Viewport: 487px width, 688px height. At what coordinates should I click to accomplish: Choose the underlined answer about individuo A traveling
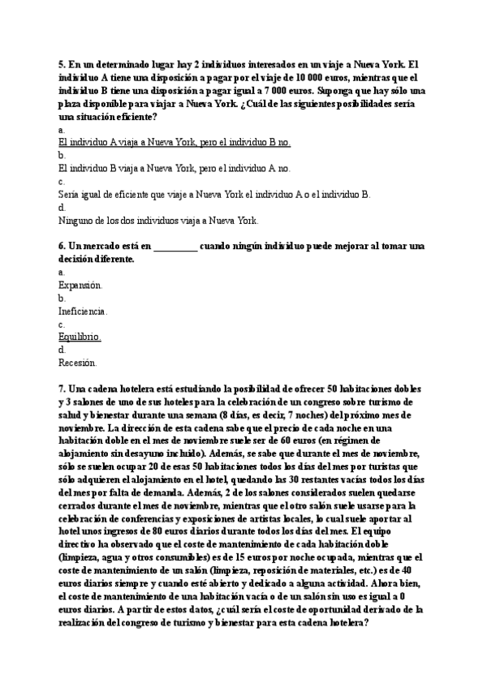click(x=175, y=143)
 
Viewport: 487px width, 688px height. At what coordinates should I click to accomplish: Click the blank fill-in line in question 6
click(x=175, y=245)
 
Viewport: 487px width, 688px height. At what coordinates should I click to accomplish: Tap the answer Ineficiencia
click(x=83, y=311)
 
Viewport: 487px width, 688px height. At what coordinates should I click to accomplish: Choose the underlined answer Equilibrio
click(x=80, y=336)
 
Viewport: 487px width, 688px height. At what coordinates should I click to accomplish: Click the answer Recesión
click(x=78, y=362)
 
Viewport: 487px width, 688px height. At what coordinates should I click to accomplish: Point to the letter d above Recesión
click(x=62, y=349)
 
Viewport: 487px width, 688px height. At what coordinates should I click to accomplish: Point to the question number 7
click(x=62, y=389)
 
